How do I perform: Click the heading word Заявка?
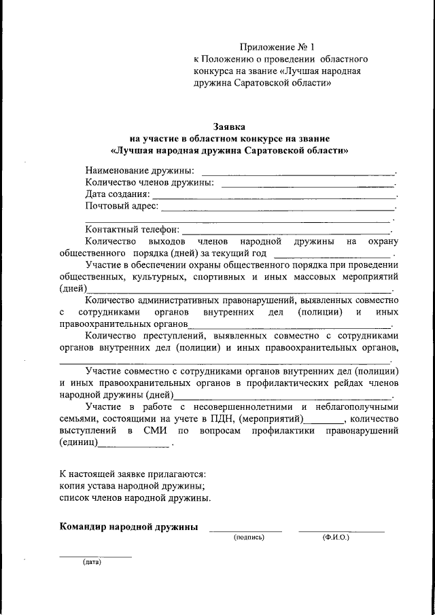(229, 126)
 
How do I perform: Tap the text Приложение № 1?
(277, 48)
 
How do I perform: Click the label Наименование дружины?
(139, 171)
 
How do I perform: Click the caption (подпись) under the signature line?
(248, 537)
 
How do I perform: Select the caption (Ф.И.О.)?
(336, 537)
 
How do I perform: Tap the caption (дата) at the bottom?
(92, 563)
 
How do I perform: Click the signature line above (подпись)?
(245, 530)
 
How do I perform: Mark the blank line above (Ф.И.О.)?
(341, 530)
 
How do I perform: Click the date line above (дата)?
(95, 557)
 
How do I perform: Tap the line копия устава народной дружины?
(132, 485)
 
